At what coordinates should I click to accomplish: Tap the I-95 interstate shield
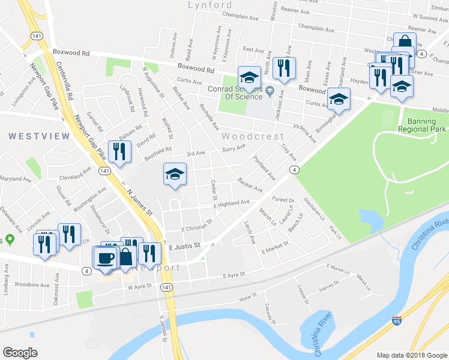click(x=396, y=322)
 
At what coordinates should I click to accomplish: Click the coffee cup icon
click(x=106, y=258)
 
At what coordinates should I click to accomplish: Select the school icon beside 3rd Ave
click(x=175, y=175)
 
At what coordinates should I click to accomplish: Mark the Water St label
click(x=248, y=296)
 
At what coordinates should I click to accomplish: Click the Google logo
click(x=20, y=353)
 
